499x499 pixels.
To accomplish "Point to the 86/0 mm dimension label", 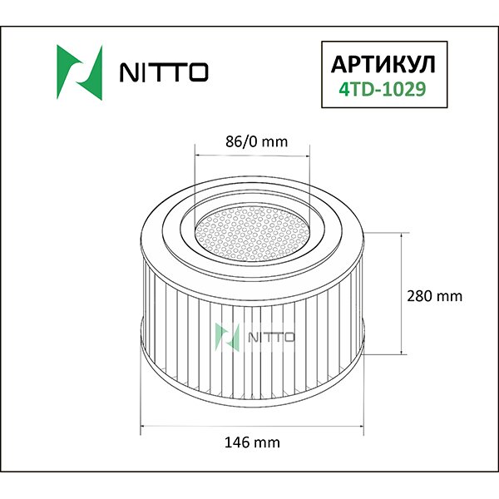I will [x=252, y=141].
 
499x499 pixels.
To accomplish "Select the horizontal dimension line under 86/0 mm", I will [x=251, y=155].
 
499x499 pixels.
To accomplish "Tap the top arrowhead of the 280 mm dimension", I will [x=403, y=236].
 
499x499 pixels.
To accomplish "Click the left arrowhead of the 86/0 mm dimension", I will [x=197, y=155].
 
